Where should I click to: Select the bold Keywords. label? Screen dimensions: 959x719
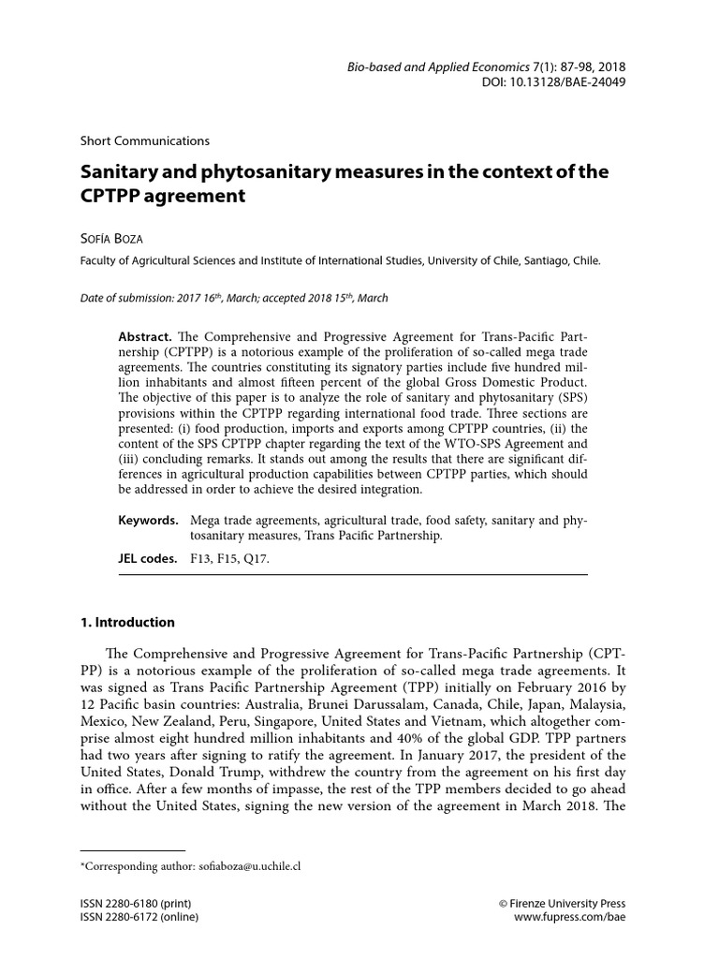[148, 519]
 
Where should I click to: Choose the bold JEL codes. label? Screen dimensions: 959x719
[148, 558]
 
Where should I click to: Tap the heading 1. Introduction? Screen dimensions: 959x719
[127, 622]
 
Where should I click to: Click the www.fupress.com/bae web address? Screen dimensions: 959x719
[569, 919]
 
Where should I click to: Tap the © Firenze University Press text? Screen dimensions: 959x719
[562, 904]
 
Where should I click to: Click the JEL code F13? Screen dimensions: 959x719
[203, 559]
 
